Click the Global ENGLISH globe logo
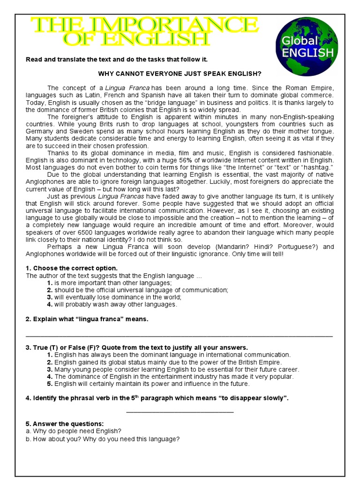307,46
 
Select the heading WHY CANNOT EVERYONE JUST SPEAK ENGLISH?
179,74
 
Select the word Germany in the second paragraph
40,131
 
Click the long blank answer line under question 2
179,336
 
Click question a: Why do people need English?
74,431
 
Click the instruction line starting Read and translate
116,60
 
